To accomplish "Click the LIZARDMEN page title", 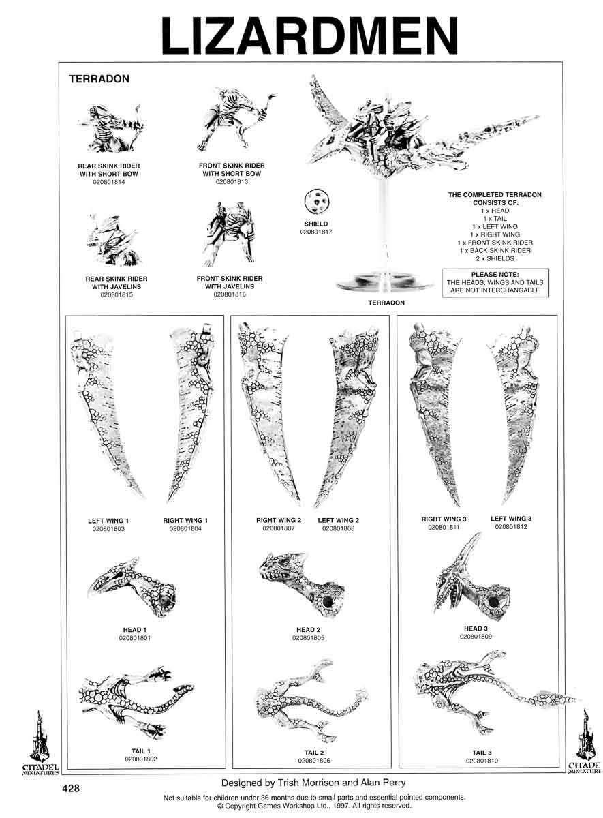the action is (x=309, y=35).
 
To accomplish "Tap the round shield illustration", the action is (x=316, y=202).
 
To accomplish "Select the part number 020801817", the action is (x=316, y=232).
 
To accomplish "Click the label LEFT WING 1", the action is (x=108, y=521).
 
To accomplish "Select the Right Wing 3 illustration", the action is (x=435, y=412).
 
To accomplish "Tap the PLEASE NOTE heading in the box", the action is (x=495, y=274).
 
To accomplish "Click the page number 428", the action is (x=71, y=789).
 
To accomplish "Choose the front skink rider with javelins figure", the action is (x=229, y=233).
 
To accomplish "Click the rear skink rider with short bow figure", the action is (x=110, y=128).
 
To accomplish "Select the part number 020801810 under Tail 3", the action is (x=482, y=761).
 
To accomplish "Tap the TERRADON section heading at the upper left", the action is (x=99, y=79).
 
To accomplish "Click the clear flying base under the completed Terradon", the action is (x=385, y=283).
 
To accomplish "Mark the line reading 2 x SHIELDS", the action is (x=495, y=258).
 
